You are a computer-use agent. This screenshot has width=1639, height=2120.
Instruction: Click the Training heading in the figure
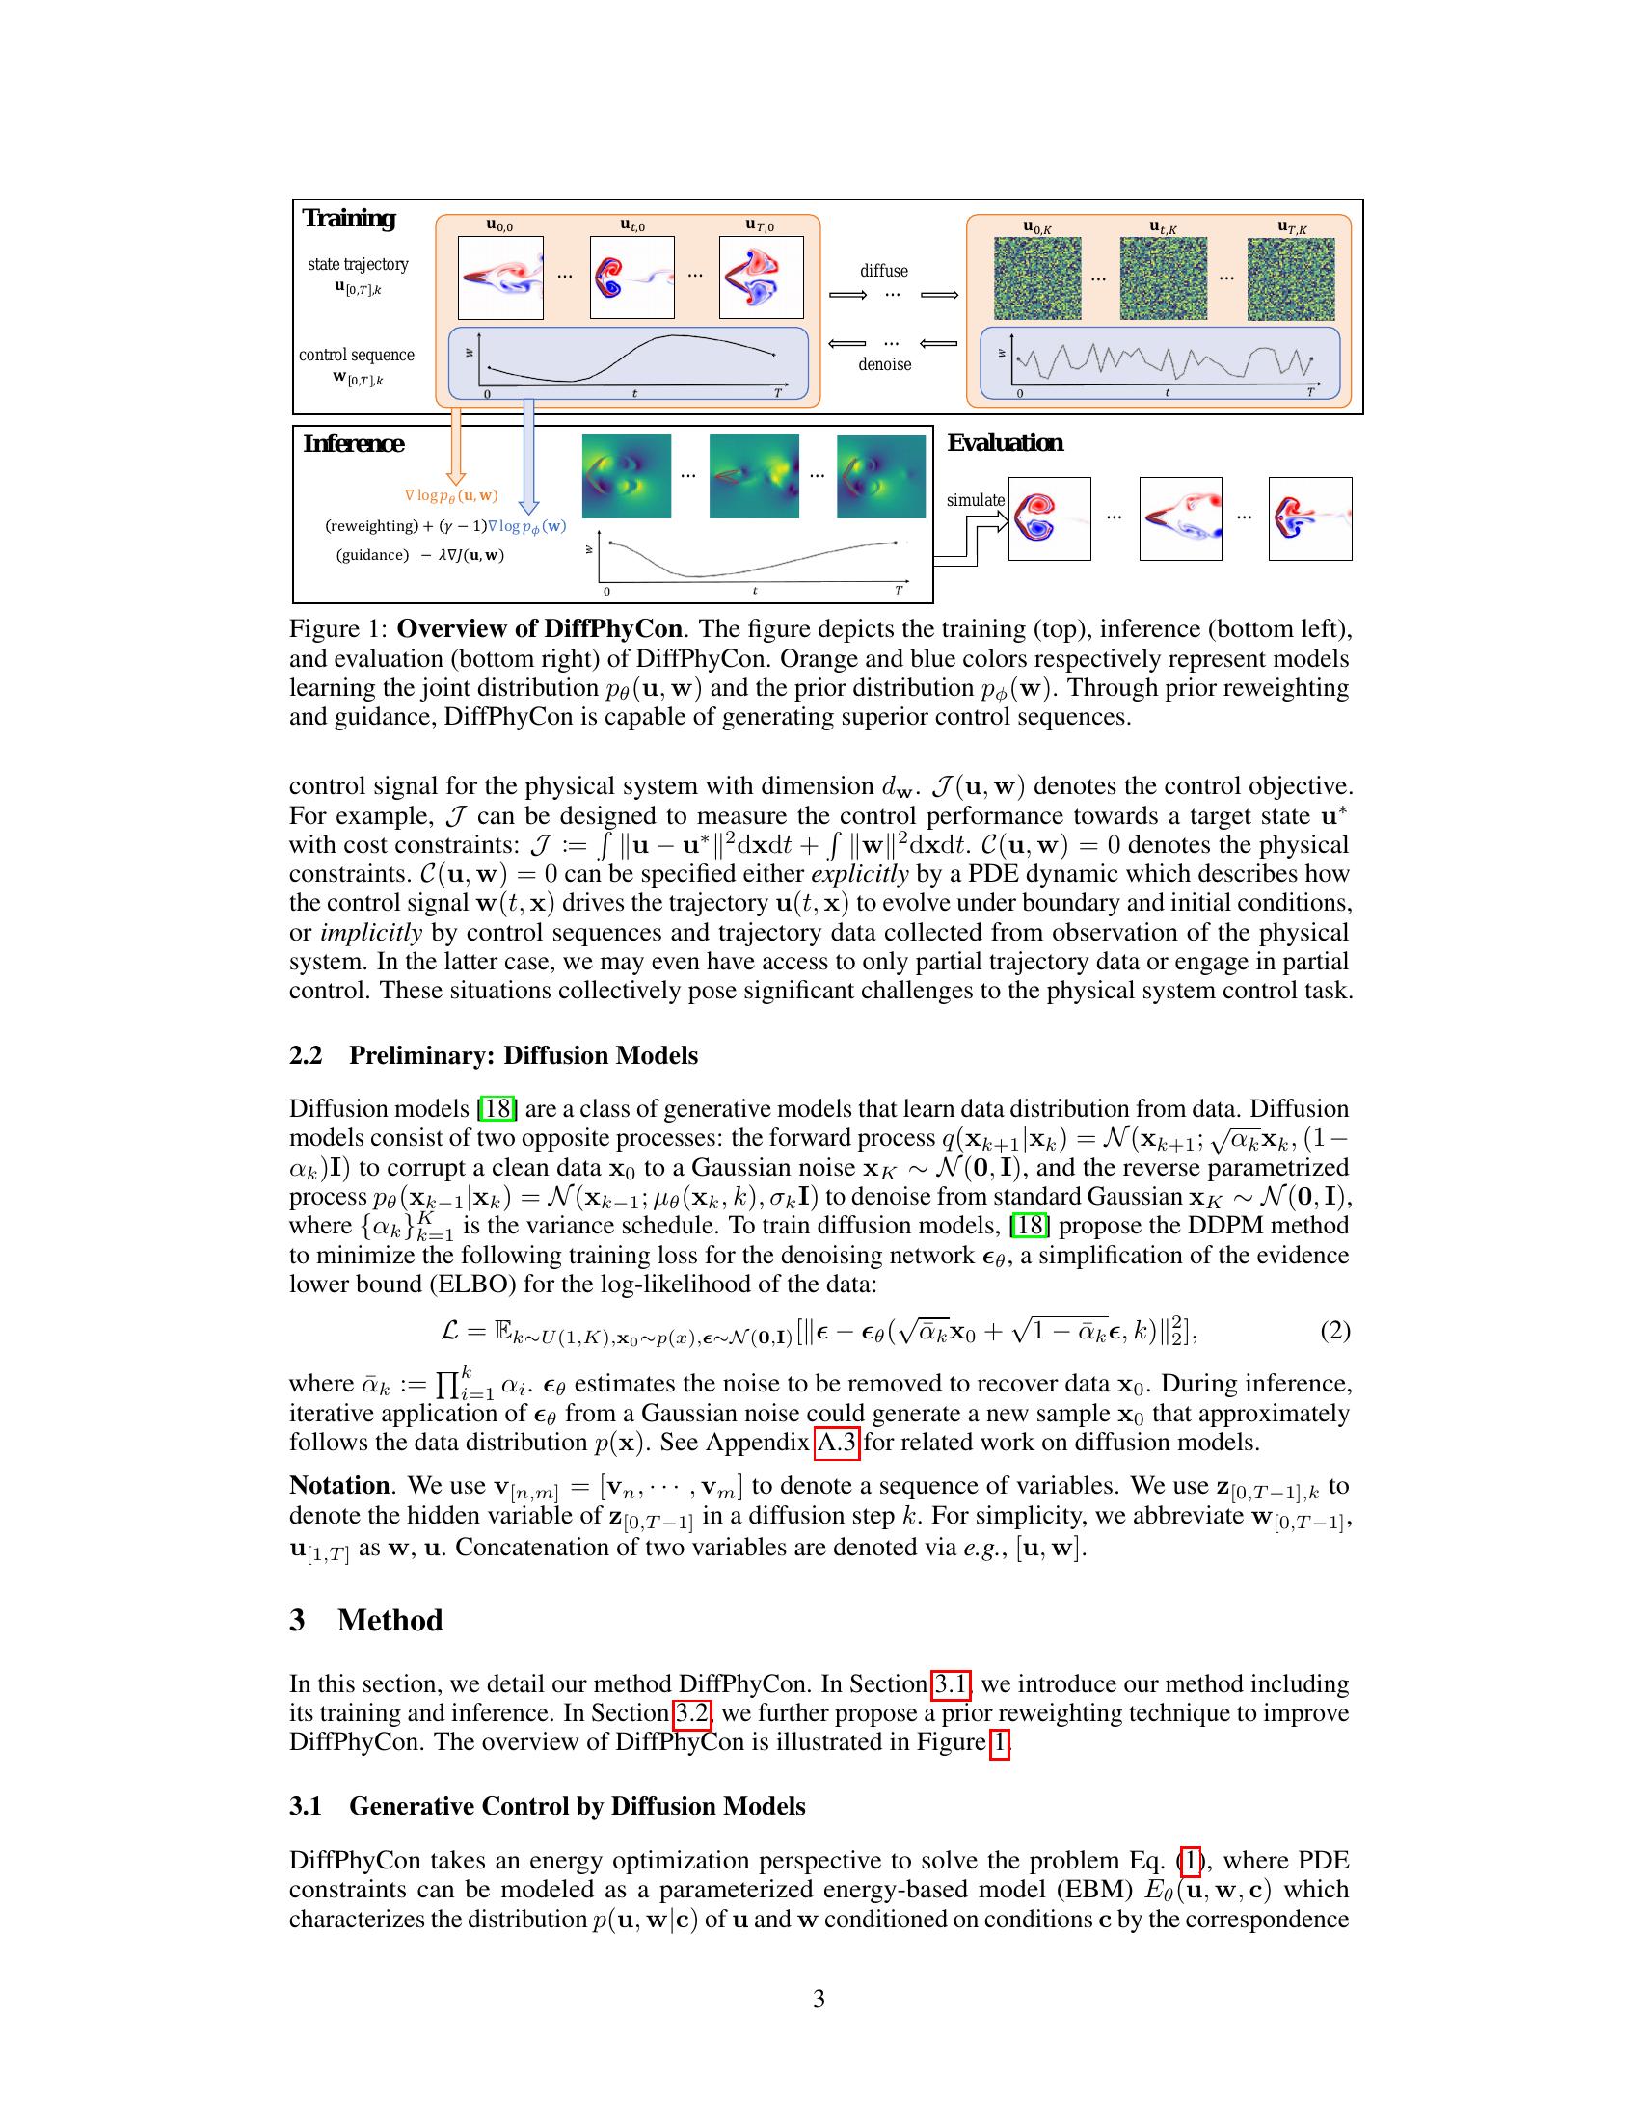coord(349,219)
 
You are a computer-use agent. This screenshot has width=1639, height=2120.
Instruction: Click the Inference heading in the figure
coord(354,443)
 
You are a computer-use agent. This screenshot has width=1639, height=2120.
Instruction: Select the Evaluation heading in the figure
coord(1005,442)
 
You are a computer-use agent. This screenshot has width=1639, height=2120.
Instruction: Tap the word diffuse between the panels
coord(883,271)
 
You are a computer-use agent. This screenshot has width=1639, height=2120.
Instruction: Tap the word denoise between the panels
coord(884,365)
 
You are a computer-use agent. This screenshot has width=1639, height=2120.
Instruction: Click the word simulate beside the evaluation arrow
coord(976,500)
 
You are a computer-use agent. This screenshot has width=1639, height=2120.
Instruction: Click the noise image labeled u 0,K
coord(1037,278)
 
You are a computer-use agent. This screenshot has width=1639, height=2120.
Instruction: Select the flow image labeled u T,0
coord(762,278)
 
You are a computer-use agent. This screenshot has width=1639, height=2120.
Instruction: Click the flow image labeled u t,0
coord(632,278)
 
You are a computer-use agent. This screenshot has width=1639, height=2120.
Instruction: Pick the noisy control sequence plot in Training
coord(1160,363)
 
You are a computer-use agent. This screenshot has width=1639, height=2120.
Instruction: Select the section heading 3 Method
coord(366,1621)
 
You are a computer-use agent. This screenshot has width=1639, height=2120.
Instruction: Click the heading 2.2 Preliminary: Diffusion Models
coord(494,1055)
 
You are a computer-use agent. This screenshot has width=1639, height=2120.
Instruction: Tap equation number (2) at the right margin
coord(1334,1331)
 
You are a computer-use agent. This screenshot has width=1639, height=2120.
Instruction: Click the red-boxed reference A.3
coord(836,1443)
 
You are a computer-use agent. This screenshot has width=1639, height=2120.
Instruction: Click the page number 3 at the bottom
coord(819,1999)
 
